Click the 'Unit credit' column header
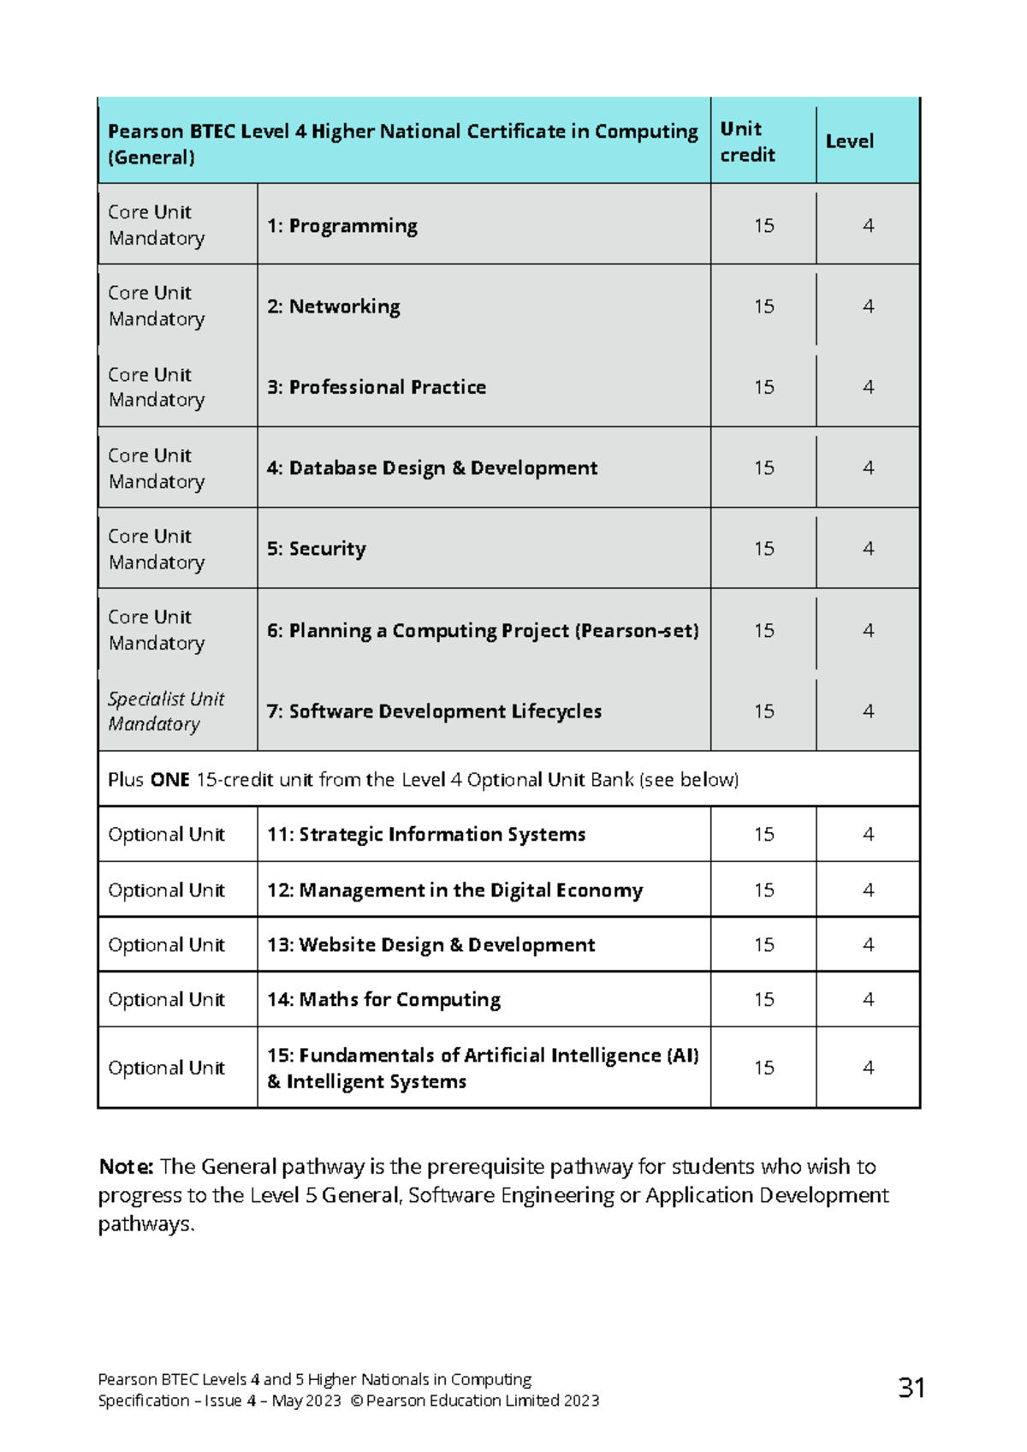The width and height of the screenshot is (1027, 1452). pos(747,141)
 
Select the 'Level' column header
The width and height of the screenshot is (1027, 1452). pos(849,141)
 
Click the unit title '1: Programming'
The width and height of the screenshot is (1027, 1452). pos(341,226)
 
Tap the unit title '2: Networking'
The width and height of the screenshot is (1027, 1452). pos(333,306)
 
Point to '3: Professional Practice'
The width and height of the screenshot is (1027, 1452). pos(376,387)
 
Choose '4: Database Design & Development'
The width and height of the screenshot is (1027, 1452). pos(431,468)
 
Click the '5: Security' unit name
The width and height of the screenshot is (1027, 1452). pos(316,549)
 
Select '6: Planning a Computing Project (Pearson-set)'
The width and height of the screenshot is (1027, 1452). pos(482,631)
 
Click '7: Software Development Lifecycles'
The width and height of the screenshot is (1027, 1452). pos(434,711)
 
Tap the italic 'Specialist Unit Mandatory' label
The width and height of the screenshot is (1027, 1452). pos(165,711)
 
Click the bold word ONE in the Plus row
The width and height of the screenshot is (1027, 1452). pos(169,780)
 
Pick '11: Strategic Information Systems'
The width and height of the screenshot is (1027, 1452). pos(426,835)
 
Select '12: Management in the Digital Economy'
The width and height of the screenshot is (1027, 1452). pos(454,890)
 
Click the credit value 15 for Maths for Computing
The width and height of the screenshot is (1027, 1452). pos(763,1000)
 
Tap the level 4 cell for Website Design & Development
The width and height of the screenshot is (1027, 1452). pos(868,945)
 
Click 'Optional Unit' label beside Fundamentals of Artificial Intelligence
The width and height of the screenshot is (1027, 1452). pos(166,1068)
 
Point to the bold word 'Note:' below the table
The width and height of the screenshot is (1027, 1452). pos(126,1167)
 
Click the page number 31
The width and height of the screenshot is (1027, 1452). pos(911,1388)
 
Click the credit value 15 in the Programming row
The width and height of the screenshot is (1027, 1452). pos(763,226)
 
